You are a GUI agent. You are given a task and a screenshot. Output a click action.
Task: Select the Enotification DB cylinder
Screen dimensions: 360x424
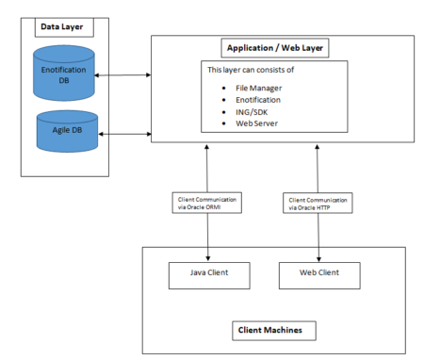(x=63, y=73)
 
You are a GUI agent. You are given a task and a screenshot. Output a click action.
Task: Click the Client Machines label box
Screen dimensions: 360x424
(x=272, y=329)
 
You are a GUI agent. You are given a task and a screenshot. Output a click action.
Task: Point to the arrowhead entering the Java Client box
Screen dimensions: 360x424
(x=208, y=259)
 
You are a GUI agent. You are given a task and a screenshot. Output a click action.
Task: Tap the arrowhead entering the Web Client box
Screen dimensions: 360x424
(x=319, y=259)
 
